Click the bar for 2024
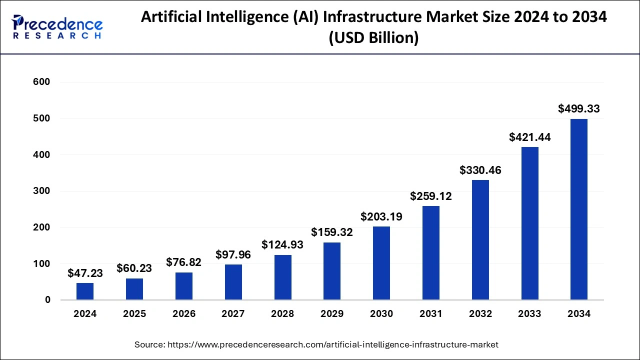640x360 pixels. point(85,291)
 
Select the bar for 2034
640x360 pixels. point(579,209)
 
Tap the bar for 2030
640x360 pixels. point(381,263)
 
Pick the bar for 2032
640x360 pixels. point(480,240)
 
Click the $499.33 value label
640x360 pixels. point(579,108)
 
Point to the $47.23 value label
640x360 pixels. point(85,273)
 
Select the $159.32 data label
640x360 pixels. point(332,232)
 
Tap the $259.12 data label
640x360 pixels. point(431,196)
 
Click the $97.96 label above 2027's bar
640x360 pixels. point(233,255)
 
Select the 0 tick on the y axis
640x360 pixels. point(47,300)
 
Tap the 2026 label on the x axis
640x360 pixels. point(184,314)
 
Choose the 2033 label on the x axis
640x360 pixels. point(529,314)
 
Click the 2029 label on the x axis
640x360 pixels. point(332,314)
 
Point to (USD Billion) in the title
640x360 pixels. point(373,37)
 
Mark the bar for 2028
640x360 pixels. point(282,277)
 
